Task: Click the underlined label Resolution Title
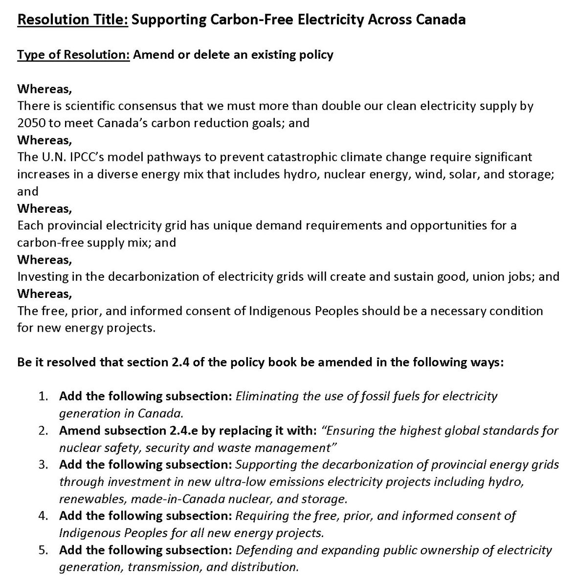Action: (73, 20)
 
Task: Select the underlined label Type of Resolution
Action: (73, 54)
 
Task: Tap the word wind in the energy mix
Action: (428, 174)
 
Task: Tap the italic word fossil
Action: (375, 396)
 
